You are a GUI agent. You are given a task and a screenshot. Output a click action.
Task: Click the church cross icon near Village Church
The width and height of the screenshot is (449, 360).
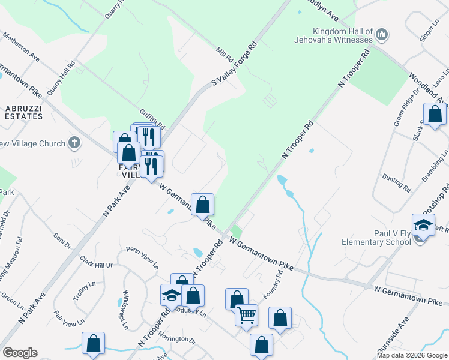[74, 142]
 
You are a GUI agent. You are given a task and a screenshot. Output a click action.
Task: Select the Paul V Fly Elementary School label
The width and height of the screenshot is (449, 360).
[367, 238]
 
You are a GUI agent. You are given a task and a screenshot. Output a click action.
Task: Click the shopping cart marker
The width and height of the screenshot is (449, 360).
[246, 315]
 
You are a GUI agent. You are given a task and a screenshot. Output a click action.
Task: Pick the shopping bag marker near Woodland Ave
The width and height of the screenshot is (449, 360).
[434, 114]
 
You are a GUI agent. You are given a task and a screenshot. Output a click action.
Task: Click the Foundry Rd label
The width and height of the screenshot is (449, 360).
[273, 285]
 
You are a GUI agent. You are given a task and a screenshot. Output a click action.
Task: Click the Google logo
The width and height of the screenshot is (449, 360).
[20, 353]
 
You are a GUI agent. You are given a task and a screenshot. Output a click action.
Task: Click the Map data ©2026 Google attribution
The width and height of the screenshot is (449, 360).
[411, 355]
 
